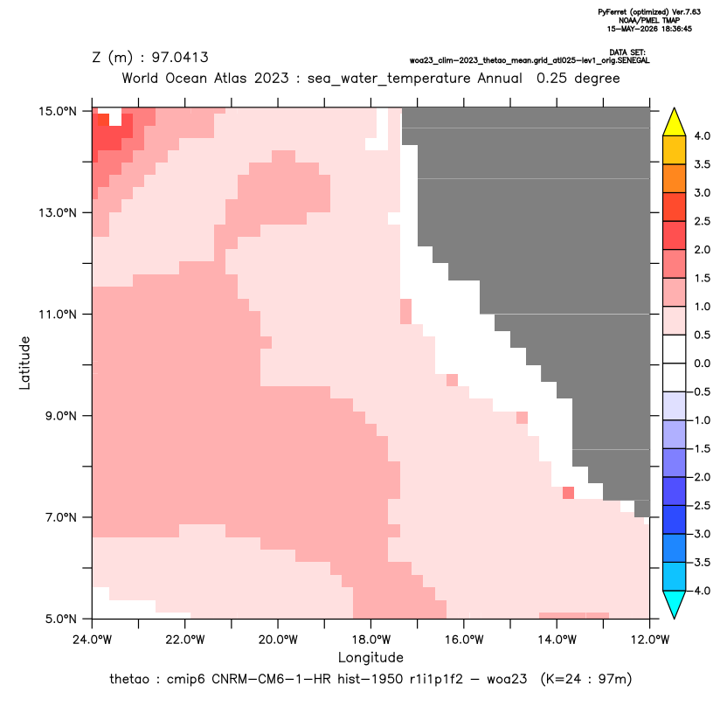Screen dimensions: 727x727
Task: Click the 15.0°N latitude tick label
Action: click(x=58, y=112)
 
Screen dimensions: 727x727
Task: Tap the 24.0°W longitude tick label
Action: click(x=93, y=640)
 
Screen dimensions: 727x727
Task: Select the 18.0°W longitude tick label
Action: click(x=370, y=640)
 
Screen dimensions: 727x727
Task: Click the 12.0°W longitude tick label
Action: click(x=649, y=640)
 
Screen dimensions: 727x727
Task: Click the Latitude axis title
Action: click(x=24, y=363)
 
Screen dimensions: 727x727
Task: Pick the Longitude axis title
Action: click(x=370, y=657)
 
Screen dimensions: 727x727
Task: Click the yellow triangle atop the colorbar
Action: click(x=675, y=122)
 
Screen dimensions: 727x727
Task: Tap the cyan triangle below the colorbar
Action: click(x=675, y=605)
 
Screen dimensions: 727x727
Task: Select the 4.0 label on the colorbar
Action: click(x=702, y=135)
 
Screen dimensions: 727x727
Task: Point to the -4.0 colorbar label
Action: click(x=700, y=591)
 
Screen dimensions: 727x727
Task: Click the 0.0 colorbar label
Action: click(x=702, y=363)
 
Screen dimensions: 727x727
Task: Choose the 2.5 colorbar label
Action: click(x=702, y=221)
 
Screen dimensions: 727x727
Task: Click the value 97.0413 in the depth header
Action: click(x=180, y=58)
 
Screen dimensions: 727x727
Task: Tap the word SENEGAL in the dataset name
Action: click(x=634, y=61)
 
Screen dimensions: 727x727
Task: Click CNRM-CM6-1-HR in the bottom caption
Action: click(x=271, y=679)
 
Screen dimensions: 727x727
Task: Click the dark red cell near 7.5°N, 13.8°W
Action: click(x=569, y=493)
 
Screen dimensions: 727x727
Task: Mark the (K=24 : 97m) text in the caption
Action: click(x=586, y=679)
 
